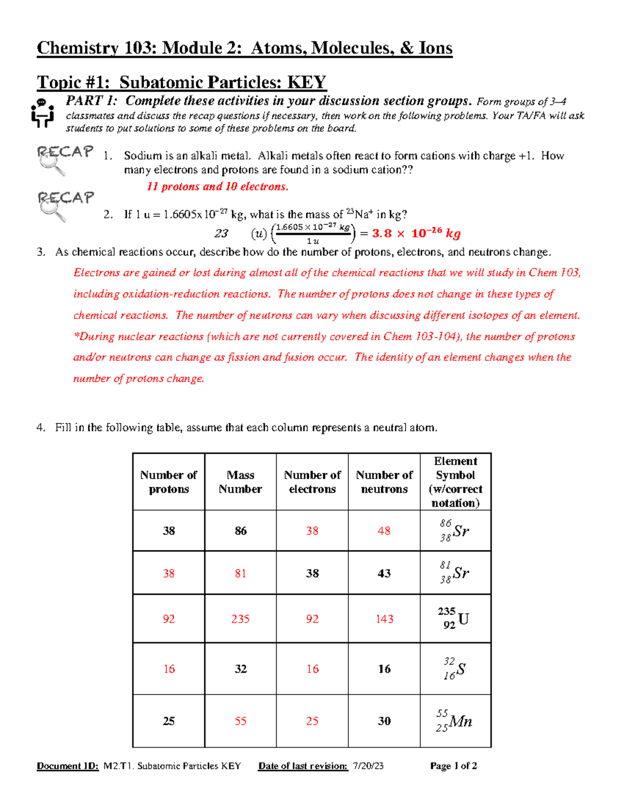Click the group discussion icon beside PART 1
(x=42, y=112)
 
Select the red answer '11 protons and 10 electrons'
(x=217, y=187)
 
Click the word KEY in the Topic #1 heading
(x=306, y=82)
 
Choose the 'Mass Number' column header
(x=240, y=482)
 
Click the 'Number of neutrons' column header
(x=384, y=482)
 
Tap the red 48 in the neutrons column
(x=384, y=531)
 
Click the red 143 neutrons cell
(x=384, y=619)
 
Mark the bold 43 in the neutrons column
(x=384, y=573)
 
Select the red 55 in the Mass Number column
(x=240, y=721)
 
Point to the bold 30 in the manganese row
(x=384, y=721)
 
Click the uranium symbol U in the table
(x=463, y=619)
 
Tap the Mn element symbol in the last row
(x=461, y=722)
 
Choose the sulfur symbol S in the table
(x=461, y=669)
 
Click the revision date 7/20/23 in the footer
(x=368, y=766)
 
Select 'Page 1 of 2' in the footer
(x=453, y=766)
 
